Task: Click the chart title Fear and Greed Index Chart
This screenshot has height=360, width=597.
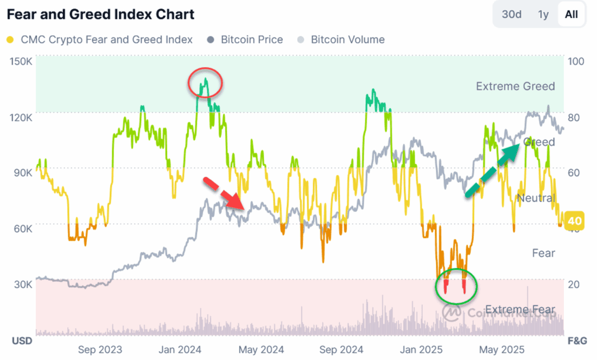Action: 100,14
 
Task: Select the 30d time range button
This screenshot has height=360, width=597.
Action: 511,15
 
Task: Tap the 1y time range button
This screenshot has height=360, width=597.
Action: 543,15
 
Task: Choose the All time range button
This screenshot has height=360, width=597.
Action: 571,15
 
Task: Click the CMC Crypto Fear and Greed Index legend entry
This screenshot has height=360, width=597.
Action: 100,40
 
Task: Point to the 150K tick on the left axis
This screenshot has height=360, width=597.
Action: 22,61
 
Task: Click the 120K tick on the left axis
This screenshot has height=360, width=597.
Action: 22,117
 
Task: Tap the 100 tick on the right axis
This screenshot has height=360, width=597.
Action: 575,61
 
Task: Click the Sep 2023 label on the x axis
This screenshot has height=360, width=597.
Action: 100,350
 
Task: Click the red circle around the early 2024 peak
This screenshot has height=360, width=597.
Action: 206,84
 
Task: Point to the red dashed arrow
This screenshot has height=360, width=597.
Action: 226,193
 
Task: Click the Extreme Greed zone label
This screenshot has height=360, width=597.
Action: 515,86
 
